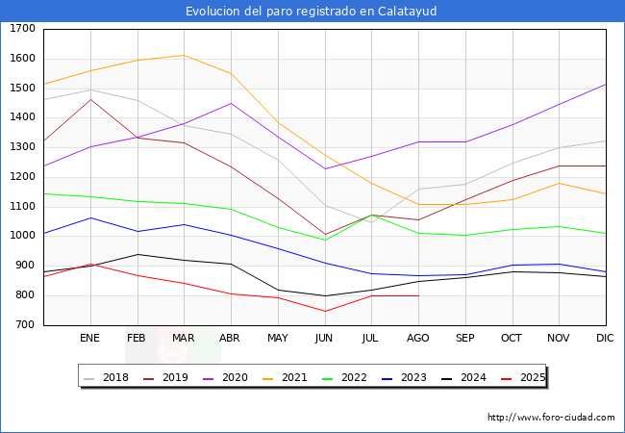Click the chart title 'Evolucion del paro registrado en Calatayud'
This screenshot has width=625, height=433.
(312, 12)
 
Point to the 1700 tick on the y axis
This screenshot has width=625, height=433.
(22, 29)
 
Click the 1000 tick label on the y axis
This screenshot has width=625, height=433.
(22, 237)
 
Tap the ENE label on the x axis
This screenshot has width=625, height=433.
(89, 339)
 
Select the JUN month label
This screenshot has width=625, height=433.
(324, 339)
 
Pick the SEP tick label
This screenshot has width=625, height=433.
(465, 339)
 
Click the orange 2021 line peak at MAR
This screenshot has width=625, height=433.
(184, 55)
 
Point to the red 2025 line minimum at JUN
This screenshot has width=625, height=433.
(325, 311)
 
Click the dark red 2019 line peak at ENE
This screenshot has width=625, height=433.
(90, 99)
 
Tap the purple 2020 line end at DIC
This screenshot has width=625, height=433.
(606, 84)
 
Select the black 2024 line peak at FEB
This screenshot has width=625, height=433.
(137, 254)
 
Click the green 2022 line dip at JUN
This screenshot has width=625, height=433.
(325, 240)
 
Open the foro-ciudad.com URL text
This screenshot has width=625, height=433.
(551, 418)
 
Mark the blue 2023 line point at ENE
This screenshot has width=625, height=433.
(90, 217)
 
